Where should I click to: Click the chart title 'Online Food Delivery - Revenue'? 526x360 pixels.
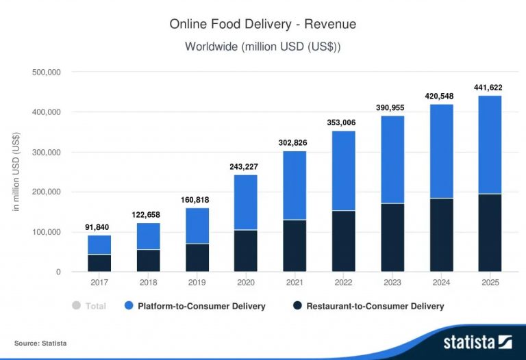[263, 25]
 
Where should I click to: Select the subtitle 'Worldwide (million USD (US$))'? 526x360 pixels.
[263, 47]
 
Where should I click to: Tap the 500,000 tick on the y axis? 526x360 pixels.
[47, 72]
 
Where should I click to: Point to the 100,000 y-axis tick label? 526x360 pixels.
[47, 232]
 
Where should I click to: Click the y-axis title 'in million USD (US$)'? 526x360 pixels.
[16, 172]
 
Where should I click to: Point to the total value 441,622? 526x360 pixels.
[489, 88]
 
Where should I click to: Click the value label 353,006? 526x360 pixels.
[343, 123]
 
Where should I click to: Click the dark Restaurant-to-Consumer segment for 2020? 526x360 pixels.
[246, 250]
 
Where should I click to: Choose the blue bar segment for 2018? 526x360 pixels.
[148, 236]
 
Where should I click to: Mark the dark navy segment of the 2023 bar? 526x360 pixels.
[392, 237]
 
